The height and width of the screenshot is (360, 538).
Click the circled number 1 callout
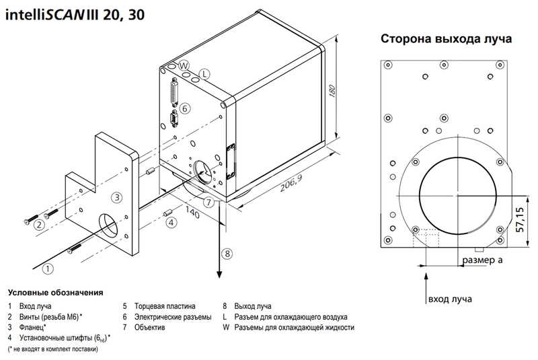tap(48, 268)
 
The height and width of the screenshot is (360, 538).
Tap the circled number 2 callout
tap(39, 225)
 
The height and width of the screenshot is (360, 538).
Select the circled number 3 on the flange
tap(117, 197)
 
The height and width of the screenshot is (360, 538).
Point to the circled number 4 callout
tap(171, 222)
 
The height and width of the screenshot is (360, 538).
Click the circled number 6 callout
tap(184, 108)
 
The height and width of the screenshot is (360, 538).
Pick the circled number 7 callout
tap(209, 202)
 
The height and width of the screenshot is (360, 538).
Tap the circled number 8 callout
tap(227, 254)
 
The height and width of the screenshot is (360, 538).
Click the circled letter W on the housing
tap(184, 65)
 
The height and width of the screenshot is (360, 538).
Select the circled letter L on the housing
tap(205, 74)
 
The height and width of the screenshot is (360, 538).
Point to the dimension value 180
tap(332, 91)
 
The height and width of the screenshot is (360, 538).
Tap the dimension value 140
tap(192, 213)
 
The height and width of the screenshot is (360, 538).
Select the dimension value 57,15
tap(520, 219)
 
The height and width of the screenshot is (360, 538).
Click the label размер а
tap(482, 260)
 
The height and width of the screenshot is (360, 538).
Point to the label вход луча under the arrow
tap(450, 299)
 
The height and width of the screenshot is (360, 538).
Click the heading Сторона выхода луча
tap(446, 38)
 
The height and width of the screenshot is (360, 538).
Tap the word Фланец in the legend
tap(32, 327)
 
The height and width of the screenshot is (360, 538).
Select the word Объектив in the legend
tap(149, 327)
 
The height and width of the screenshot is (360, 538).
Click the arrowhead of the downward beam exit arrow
tap(219, 275)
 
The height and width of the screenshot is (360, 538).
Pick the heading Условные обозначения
tap(56, 293)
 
